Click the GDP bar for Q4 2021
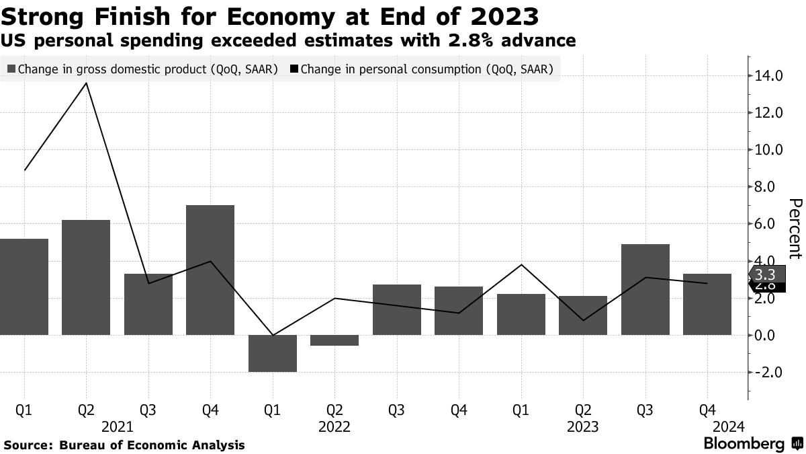210,270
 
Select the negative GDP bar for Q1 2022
273,353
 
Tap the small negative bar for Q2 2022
334,340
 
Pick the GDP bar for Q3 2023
645,289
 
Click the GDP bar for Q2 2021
86,277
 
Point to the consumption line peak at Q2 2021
87,83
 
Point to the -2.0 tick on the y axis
768,372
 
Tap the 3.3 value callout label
766,274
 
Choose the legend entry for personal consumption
423,69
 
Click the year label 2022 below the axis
334,426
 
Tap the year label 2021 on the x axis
117,426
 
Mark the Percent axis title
795,228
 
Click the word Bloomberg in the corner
744,444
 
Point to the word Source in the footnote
28,445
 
